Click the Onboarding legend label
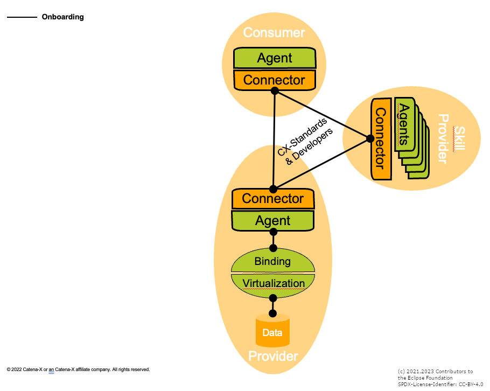click(62, 17)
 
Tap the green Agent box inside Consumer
click(275, 58)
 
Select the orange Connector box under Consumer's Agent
click(275, 80)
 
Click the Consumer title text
click(274, 32)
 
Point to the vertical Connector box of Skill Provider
click(381, 138)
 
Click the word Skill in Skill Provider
click(459, 139)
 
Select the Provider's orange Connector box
click(273, 199)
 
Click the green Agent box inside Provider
click(273, 221)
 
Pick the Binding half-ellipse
click(273, 261)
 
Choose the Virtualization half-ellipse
click(273, 283)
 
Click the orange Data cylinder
click(272, 331)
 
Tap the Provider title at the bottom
click(273, 357)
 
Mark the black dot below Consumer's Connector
click(275, 91)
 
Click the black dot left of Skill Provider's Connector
click(370, 138)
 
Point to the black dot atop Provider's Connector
click(273, 189)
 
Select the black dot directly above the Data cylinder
click(273, 313)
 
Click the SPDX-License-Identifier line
click(440, 385)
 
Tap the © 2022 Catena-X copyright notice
click(78, 369)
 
